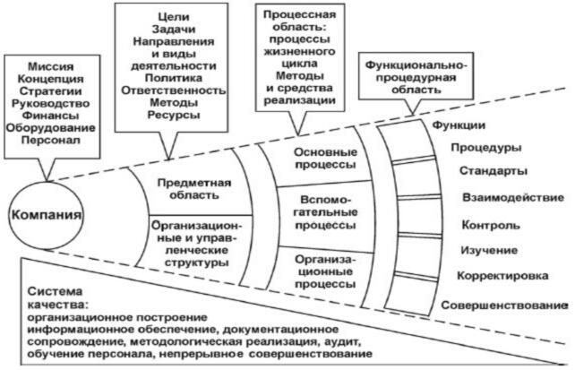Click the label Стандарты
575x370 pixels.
tap(493, 171)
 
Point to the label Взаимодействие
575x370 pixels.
tap(512, 196)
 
